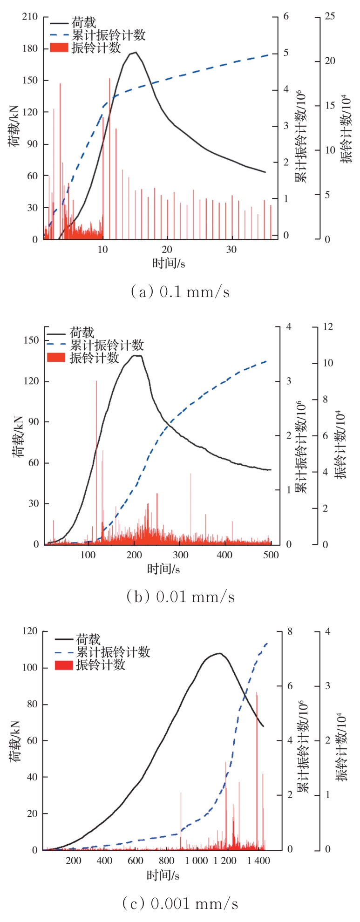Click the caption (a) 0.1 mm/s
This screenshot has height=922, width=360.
coord(180,292)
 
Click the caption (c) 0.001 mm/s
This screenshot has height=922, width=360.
coord(180,903)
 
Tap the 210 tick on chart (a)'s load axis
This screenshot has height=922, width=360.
coord(30,17)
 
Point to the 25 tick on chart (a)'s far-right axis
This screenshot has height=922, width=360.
coord(330,17)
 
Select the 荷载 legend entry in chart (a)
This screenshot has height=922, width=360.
coord(83,22)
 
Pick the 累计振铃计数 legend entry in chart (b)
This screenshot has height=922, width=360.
coord(107,346)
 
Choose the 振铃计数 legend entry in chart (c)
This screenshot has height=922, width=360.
coord(101,664)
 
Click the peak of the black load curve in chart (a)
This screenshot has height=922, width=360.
coord(135,52)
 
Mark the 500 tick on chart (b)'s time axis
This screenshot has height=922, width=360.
coord(271,555)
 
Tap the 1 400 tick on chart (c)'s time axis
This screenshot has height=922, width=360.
coord(258,861)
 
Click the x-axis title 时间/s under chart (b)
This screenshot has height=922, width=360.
coord(163,569)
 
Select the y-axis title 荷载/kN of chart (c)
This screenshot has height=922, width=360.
coord(15,740)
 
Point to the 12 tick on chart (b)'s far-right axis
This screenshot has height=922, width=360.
coord(328,327)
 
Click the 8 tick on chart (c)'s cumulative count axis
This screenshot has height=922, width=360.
coord(290,631)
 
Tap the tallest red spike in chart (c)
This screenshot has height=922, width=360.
coord(257,693)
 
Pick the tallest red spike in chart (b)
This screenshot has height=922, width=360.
coord(96,381)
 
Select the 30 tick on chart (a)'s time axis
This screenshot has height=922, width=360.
coord(231,250)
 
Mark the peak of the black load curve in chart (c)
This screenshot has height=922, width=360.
coord(219,653)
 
